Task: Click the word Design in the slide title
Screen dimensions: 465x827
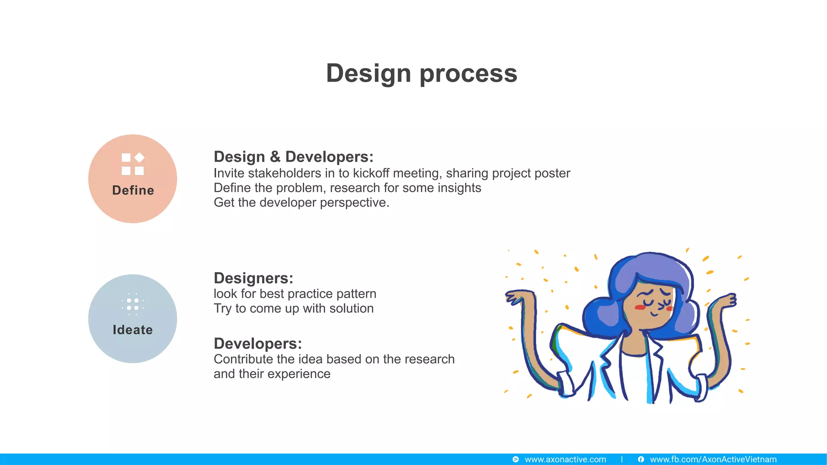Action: click(x=368, y=73)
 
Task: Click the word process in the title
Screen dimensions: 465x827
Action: click(x=468, y=74)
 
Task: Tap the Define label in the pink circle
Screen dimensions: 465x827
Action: click(x=133, y=190)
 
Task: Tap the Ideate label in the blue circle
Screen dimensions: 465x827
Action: click(x=132, y=330)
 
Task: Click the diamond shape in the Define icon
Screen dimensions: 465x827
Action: click(x=139, y=157)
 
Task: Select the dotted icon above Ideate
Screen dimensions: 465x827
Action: click(x=132, y=304)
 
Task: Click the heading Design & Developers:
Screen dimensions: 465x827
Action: click(x=293, y=157)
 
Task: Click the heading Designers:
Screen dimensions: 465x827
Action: click(x=253, y=278)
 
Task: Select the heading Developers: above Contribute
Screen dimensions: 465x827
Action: click(x=258, y=344)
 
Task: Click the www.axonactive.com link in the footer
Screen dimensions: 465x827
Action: click(x=565, y=459)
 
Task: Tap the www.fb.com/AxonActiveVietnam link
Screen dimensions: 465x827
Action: click(x=713, y=459)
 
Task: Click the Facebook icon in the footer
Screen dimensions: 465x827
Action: click(x=641, y=459)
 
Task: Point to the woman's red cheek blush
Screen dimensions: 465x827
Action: click(x=640, y=308)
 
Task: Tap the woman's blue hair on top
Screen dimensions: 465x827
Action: click(x=654, y=266)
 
